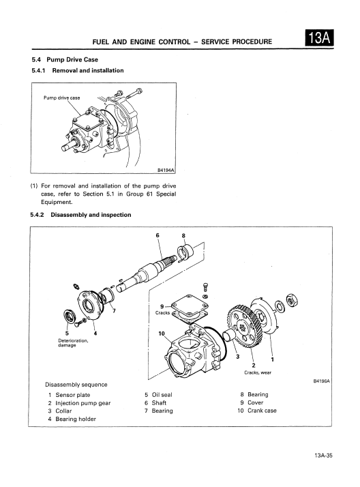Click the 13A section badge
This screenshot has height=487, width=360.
(319, 38)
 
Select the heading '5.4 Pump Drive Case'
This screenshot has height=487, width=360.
(65, 59)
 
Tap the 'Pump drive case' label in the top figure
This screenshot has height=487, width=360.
(62, 98)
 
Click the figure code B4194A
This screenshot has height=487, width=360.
(166, 170)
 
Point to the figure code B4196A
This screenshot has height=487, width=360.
(322, 381)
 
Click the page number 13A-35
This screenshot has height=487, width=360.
(323, 456)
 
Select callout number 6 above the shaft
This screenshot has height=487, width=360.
(157, 235)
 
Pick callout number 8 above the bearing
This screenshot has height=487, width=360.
(183, 236)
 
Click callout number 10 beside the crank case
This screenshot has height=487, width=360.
(162, 334)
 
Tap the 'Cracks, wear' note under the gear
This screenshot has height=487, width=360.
(258, 372)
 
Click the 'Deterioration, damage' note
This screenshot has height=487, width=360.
(73, 343)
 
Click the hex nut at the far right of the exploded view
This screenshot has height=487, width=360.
(292, 300)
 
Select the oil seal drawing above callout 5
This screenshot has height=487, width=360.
(70, 316)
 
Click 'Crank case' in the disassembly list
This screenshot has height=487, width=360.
(262, 411)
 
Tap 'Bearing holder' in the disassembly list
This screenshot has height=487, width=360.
(76, 419)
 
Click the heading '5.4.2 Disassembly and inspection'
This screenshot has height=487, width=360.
(80, 215)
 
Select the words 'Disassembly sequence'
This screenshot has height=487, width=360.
(76, 385)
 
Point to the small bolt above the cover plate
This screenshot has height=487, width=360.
(205, 286)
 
